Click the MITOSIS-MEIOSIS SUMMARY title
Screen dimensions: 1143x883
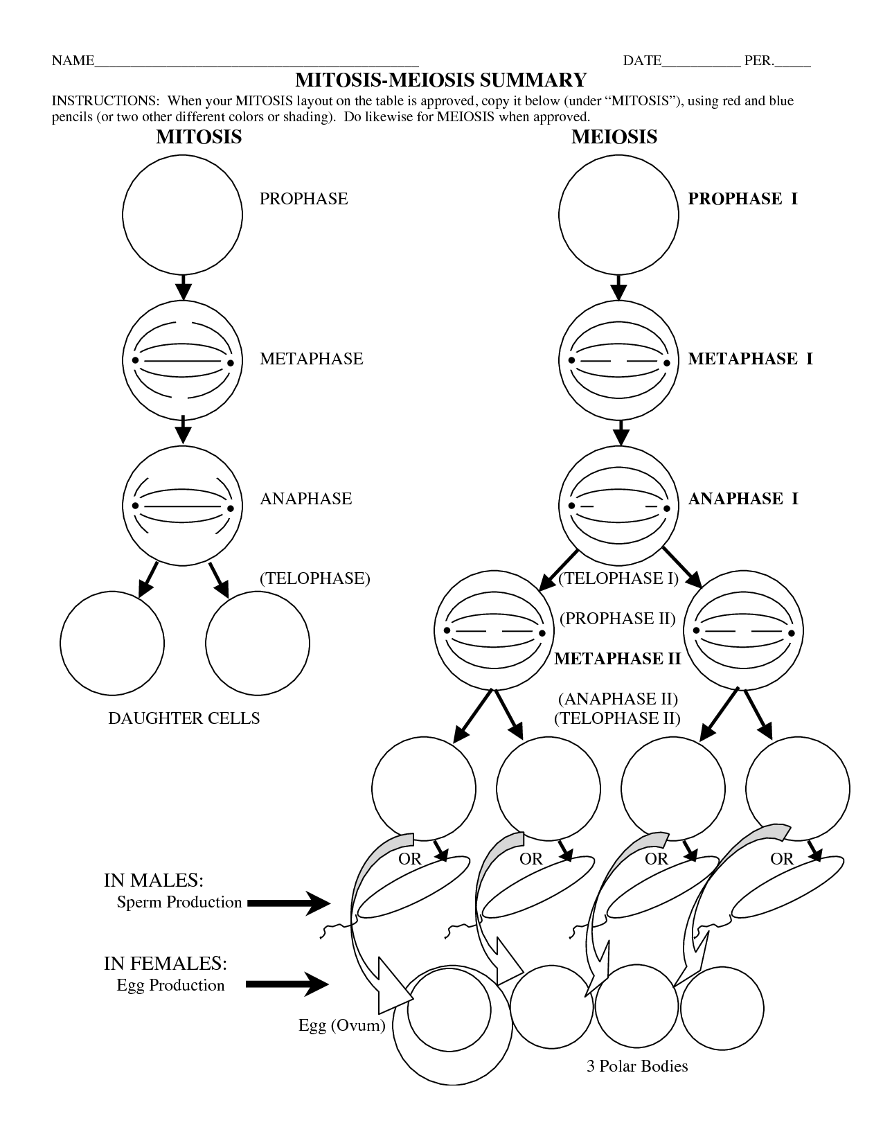441,80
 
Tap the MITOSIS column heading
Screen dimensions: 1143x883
199,136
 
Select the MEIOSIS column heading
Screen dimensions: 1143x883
614,136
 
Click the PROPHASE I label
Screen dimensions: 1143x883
742,199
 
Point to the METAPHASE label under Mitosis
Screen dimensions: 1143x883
311,359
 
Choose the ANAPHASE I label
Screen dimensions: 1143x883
743,499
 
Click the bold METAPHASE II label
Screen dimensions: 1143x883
618,658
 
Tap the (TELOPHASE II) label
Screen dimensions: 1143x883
617,718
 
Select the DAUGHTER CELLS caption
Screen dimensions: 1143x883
184,718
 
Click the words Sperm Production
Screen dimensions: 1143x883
179,902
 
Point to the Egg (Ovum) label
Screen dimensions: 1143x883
341,1025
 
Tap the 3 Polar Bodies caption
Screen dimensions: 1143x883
637,1065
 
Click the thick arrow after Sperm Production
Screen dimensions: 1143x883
288,903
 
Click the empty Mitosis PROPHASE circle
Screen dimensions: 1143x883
183,215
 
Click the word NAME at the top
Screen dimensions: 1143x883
73,61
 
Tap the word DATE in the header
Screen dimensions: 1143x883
642,61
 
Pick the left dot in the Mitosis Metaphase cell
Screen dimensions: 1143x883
136,361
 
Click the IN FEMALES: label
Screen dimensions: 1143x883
166,964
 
